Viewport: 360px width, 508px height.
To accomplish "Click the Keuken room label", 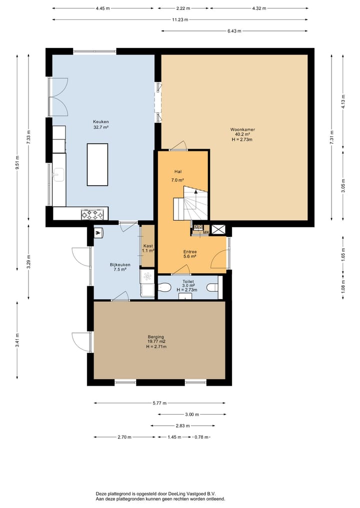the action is coord(101,122).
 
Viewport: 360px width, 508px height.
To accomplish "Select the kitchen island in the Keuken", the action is coord(97,164).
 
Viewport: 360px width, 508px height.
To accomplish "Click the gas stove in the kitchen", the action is coord(92,214).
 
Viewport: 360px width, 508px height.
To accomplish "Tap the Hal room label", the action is coord(177,172).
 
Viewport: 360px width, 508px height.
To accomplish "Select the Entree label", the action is coord(190,252).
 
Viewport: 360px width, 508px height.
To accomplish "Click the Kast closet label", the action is coord(148,246).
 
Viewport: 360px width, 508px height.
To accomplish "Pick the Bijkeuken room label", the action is coord(120,265).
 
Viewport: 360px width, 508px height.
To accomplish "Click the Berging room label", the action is coord(156,337).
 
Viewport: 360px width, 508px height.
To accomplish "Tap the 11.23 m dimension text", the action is coord(180,20).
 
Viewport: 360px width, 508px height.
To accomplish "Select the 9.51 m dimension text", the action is coord(17,162).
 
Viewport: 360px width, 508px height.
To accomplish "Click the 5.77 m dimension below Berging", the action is coord(159,404).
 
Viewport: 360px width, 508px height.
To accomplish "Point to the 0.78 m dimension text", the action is coord(201,437).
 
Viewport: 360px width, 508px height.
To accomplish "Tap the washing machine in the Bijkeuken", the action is coord(147,276).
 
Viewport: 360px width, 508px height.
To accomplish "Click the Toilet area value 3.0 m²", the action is coord(188,286).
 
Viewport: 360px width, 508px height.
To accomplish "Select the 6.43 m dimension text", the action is coord(234,31).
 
